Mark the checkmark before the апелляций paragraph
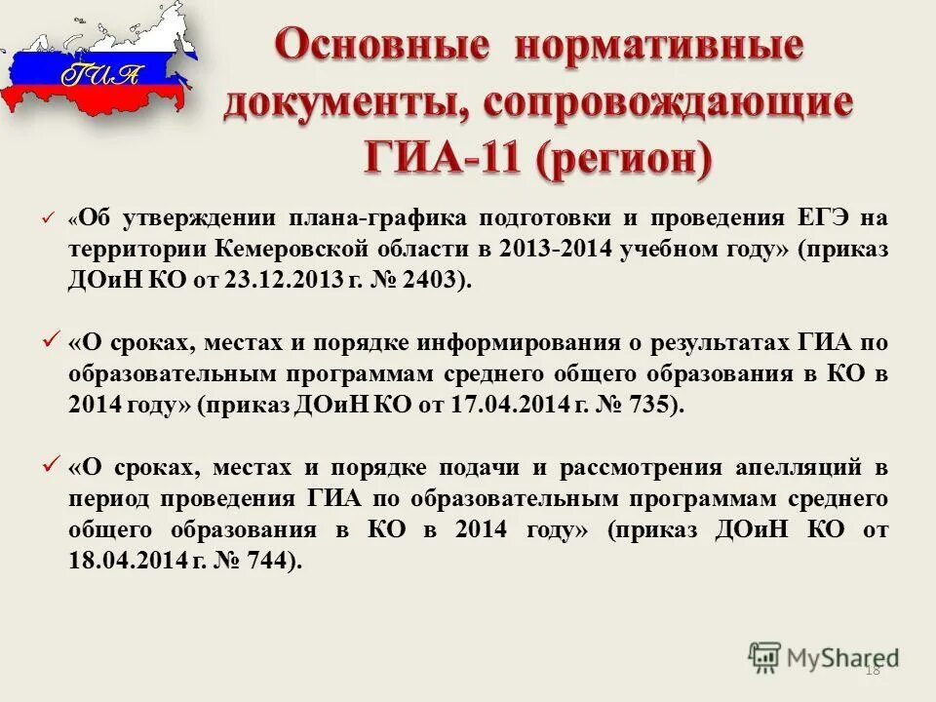[x=50, y=466]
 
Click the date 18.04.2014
[x=122, y=561]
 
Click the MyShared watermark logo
[x=825, y=657]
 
